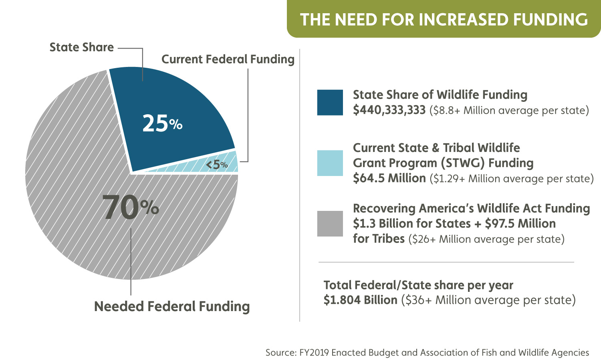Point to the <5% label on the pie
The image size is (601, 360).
[217, 164]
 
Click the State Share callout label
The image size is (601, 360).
[81, 47]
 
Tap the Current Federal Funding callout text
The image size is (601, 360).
[228, 59]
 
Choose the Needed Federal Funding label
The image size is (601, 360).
[171, 306]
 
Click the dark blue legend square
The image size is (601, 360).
[330, 103]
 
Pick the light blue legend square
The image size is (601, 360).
[330, 163]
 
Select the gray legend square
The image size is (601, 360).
[330, 224]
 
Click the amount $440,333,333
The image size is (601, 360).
[389, 110]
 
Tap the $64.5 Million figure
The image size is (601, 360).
[389, 178]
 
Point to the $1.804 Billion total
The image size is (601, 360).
[360, 300]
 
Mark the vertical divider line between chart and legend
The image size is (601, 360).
[300, 184]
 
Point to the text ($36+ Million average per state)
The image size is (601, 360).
[488, 300]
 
